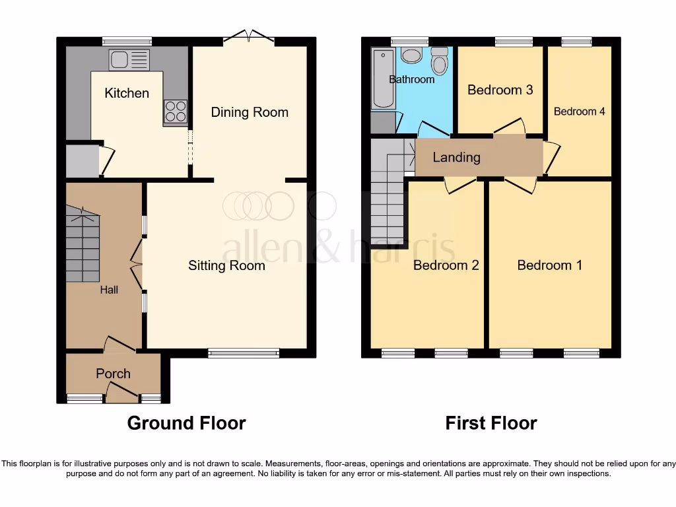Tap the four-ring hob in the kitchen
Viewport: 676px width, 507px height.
coord(175,111)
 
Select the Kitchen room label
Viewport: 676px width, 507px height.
coord(127,93)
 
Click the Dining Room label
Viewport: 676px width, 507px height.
coord(250,112)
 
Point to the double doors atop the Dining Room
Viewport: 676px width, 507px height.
coord(249,36)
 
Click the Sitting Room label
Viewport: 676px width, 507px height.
coord(226,265)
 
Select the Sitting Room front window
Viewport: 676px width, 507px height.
coord(244,353)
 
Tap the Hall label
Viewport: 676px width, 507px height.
coord(109,289)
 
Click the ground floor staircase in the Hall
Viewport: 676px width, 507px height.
coord(83,244)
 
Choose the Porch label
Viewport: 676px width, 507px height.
coord(113,374)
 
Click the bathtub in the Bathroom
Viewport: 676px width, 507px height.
coord(383,78)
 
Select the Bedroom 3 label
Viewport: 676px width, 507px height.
coord(500,90)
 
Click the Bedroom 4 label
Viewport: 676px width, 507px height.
coord(579,112)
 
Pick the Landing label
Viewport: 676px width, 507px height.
coord(456,157)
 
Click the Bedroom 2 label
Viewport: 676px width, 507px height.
coord(446,265)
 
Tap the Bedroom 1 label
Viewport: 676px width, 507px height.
coord(549,265)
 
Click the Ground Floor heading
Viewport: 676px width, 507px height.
coord(186,423)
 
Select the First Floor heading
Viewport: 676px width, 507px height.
coord(490,423)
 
